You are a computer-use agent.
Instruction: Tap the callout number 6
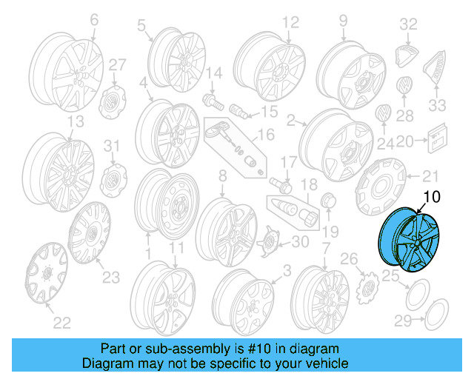click(94, 21)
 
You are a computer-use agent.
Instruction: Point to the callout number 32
click(409, 24)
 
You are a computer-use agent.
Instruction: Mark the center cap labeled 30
click(270, 241)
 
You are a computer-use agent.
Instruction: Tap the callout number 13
click(75, 121)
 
